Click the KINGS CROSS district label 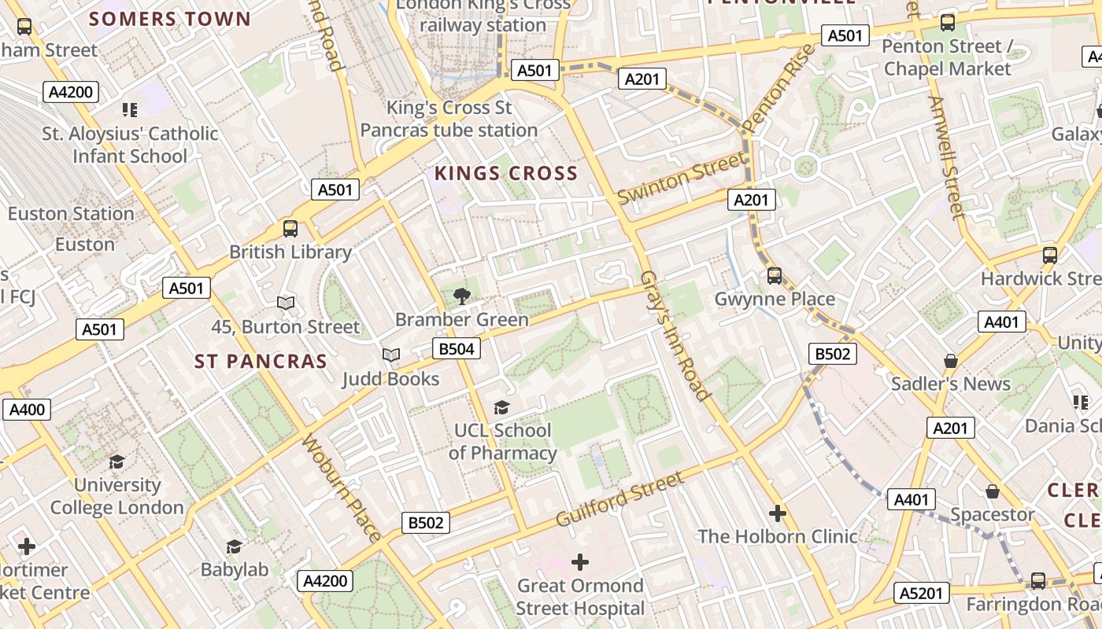click(x=506, y=174)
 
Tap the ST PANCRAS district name click(x=261, y=362)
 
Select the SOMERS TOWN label click(x=170, y=19)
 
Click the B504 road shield click(x=457, y=348)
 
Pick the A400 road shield click(x=28, y=409)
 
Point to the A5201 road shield click(x=923, y=593)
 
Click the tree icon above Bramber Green click(x=462, y=296)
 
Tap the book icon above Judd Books click(x=391, y=355)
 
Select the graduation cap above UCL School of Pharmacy click(x=501, y=407)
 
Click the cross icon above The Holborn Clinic click(x=778, y=513)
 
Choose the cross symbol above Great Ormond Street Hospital click(x=580, y=562)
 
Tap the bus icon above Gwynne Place click(x=775, y=275)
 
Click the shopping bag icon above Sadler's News click(x=951, y=361)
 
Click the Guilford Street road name click(x=619, y=499)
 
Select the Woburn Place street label click(x=341, y=487)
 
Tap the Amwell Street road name click(x=946, y=157)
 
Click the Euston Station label click(x=71, y=214)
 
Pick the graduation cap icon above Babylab click(x=234, y=546)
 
